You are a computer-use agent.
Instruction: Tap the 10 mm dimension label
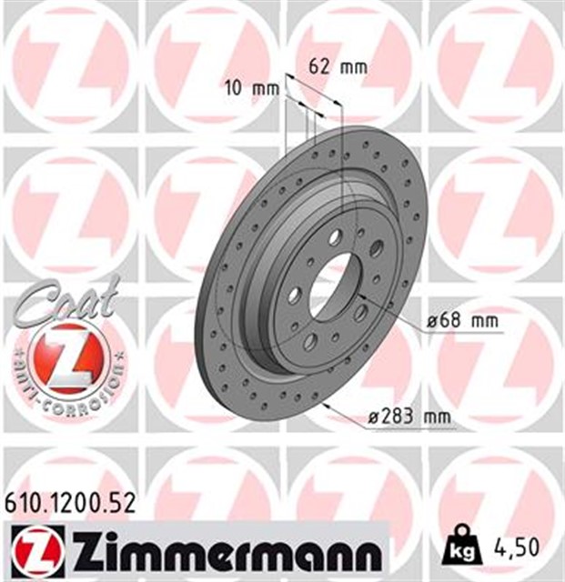tap(250, 88)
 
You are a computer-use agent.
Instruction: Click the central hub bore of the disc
tap(333, 282)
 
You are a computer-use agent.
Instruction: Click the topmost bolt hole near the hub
tap(335, 236)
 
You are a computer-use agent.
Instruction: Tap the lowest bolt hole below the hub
tap(311, 341)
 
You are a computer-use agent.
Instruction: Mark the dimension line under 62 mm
tap(314, 93)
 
